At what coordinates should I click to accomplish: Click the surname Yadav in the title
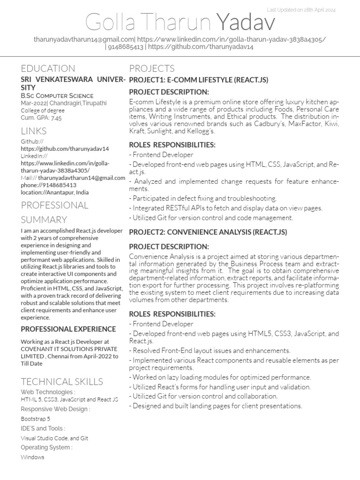click(x=246, y=22)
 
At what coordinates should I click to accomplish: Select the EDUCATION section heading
click(x=48, y=68)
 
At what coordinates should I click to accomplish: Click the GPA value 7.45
click(x=56, y=118)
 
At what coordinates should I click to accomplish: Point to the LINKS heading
click(x=34, y=130)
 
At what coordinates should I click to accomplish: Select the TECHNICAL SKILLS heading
click(x=62, y=381)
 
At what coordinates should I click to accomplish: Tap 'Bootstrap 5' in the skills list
click(x=35, y=419)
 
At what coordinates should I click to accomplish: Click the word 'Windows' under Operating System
click(x=32, y=457)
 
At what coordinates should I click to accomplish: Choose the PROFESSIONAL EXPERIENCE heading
click(x=68, y=329)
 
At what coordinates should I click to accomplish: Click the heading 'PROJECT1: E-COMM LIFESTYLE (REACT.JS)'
click(x=199, y=80)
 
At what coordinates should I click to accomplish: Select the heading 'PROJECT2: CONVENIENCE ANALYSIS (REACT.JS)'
click(x=208, y=232)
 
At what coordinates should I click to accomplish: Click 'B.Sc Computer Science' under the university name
click(x=57, y=96)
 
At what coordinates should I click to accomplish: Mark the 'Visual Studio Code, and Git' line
click(x=54, y=438)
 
